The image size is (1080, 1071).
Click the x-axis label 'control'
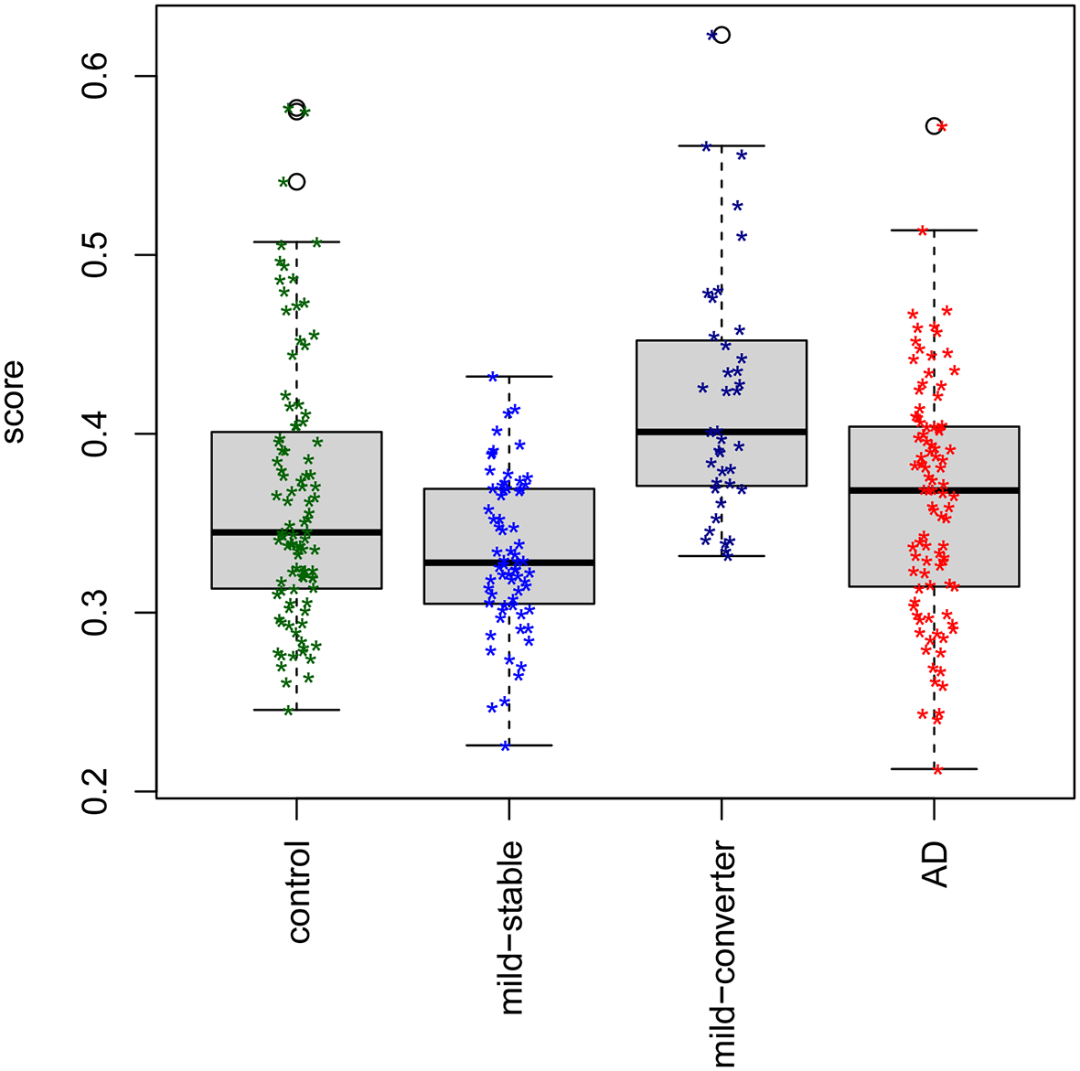pos(299,892)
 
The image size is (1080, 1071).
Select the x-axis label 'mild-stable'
pos(512,927)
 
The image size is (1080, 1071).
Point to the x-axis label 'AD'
pos(936,864)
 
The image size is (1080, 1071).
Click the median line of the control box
pos(296,532)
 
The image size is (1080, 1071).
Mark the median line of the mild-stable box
pos(509,562)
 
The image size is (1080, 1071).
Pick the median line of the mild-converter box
pos(722,432)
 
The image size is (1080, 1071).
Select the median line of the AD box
pos(934,490)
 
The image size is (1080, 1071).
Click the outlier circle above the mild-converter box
pos(722,35)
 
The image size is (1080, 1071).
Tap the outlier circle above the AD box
pos(934,126)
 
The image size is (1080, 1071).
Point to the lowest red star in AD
pos(937,770)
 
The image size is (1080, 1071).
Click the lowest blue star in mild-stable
pos(505,746)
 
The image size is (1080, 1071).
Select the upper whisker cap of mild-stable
pos(509,376)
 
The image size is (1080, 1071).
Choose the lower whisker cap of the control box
pos(296,710)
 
